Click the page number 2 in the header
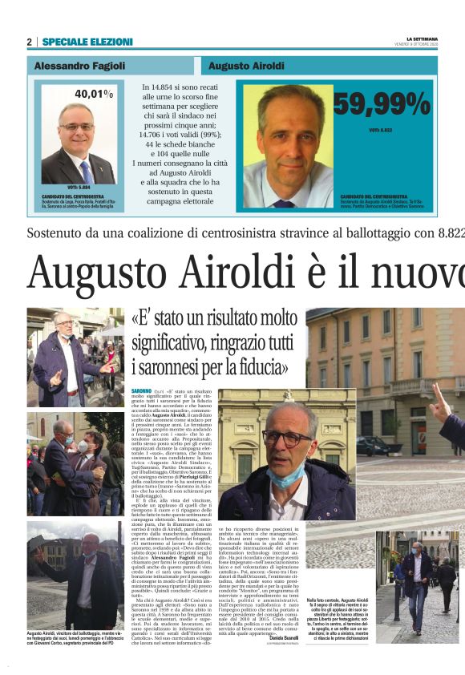click(x=29, y=42)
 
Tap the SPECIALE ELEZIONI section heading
click(x=87, y=42)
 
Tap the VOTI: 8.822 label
click(x=380, y=130)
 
